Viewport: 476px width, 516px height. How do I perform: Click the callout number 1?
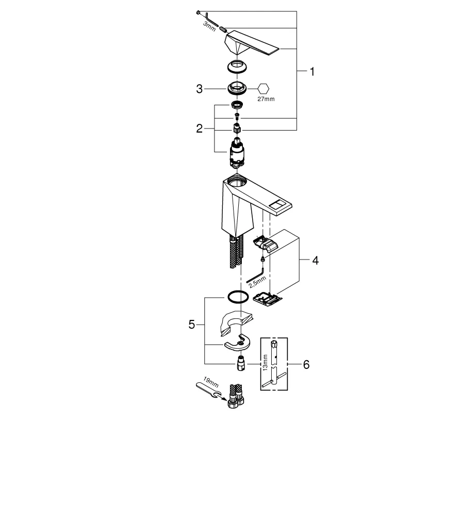(311, 72)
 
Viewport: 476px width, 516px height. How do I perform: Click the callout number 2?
(199, 129)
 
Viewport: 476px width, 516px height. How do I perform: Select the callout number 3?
(199, 89)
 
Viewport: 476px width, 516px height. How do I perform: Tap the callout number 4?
(315, 261)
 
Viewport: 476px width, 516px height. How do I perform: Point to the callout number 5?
(192, 325)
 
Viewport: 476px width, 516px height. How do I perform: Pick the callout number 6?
(306, 365)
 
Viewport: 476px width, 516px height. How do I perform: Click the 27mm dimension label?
(267, 99)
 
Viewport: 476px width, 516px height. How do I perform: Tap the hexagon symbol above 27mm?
(264, 88)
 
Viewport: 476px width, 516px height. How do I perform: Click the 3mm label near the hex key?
(209, 27)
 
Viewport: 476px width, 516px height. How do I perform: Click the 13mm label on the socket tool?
(265, 362)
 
